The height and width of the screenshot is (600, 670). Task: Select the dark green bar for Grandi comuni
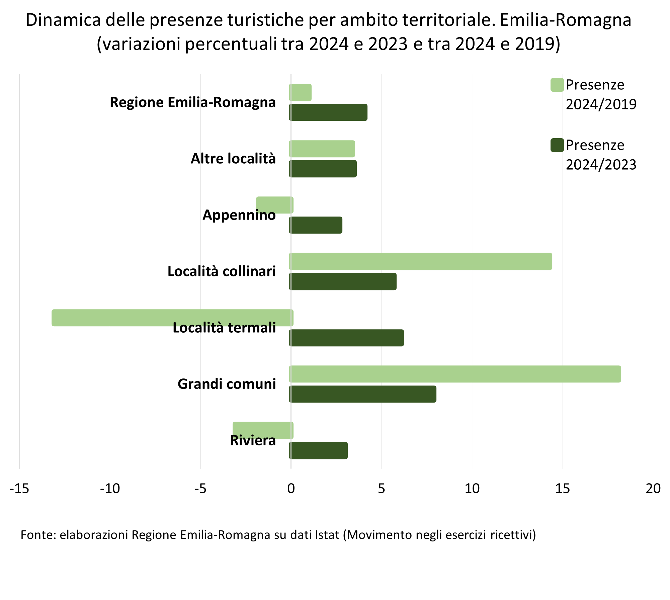point(363,394)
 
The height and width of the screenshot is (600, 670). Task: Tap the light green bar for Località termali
point(172,318)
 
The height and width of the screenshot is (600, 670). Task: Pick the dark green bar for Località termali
point(347,338)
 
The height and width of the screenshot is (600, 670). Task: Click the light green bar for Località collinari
point(421,261)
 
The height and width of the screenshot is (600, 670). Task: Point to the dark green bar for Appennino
point(316,225)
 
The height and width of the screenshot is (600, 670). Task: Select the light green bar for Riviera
point(263,430)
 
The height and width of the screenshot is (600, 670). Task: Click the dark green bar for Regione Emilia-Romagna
point(328,112)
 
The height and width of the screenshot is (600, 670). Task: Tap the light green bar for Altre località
point(322,149)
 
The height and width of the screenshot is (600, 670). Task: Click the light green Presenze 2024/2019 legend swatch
point(557,85)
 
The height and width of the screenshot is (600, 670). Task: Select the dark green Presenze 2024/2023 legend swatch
point(557,145)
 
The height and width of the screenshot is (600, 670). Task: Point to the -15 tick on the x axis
point(19,489)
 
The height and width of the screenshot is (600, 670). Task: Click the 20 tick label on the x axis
point(653,489)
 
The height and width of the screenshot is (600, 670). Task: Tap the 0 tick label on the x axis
point(291,489)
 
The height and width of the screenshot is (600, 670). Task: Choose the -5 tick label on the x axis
point(200,489)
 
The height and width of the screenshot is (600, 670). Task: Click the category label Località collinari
point(222,271)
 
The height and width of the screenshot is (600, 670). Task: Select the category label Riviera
point(253,440)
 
